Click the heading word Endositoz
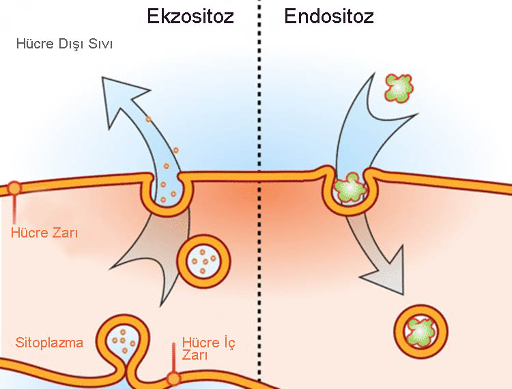pos(329,15)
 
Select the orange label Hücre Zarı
pos(45,233)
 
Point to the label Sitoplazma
pos(49,342)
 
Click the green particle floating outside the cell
pos(398,88)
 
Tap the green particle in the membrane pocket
pos(352,187)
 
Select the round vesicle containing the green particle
pos(421,332)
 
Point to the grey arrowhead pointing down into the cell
pos(384,270)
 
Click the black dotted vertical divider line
pos(259,205)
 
